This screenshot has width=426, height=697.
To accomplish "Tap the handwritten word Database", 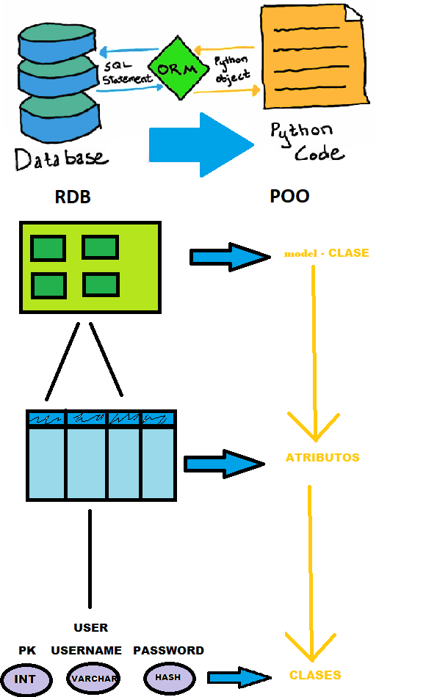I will tap(60, 157).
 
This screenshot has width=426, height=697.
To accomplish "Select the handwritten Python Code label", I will tap(306, 142).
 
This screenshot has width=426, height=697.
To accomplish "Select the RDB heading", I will tap(73, 197).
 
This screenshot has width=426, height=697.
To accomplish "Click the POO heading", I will tap(289, 197).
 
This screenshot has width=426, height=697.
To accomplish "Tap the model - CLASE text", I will tap(326, 254).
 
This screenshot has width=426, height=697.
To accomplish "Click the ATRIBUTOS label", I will tap(322, 458).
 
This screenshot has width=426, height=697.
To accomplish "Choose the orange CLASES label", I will tap(314, 675).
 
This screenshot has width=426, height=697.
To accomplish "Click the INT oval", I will tap(25, 679).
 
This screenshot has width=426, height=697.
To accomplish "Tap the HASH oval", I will tap(168, 677).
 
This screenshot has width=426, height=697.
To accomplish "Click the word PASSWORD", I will tap(168, 651).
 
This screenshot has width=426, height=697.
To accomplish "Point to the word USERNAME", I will tap(86, 651).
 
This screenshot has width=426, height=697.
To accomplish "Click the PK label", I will tap(26, 651).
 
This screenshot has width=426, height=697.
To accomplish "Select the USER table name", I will tap(90, 628).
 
